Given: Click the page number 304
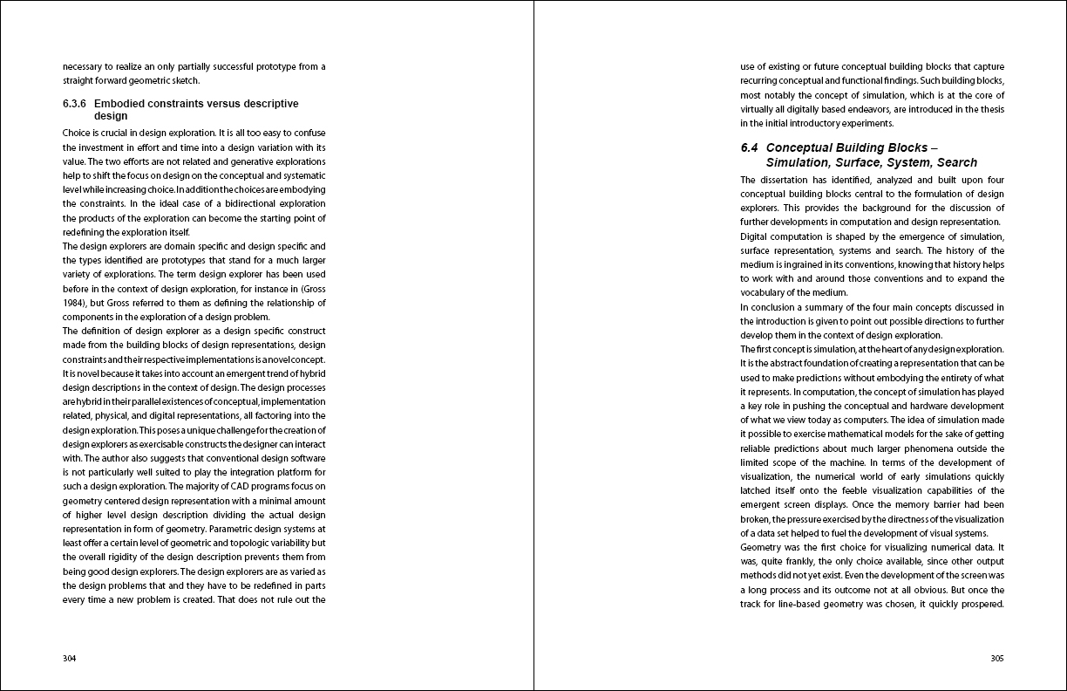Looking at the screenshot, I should pos(70,659).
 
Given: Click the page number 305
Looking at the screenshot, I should pos(997,659).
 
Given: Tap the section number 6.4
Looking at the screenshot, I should pos(750,148).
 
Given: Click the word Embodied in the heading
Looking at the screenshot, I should pos(121,104).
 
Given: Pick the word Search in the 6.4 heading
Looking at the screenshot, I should pos(957,162).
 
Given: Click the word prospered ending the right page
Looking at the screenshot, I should pos(982,605).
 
